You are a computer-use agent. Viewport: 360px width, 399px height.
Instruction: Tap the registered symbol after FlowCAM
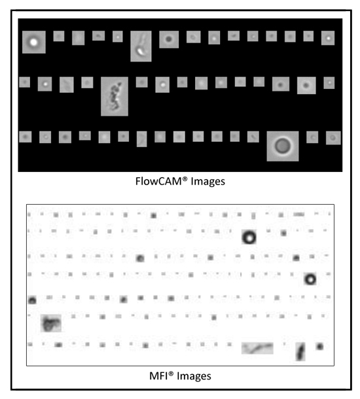[185, 179]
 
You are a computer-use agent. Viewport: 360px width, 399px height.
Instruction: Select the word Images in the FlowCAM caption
[207, 182]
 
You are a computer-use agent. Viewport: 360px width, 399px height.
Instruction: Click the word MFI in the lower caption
[158, 376]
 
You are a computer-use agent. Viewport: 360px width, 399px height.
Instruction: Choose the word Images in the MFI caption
[194, 376]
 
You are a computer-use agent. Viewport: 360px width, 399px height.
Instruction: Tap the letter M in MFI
[154, 376]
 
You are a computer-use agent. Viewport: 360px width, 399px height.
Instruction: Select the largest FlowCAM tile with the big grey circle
[283, 146]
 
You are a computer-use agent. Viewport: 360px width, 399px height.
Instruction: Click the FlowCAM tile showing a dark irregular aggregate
[115, 96]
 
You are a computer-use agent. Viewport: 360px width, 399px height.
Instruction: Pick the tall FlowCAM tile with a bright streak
[141, 46]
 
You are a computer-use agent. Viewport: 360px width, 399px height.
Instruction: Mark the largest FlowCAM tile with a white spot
[34, 42]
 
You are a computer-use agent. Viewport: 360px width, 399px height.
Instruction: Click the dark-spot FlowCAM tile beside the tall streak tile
[169, 39]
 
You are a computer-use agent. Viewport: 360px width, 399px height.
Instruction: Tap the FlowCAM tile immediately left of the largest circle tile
[253, 137]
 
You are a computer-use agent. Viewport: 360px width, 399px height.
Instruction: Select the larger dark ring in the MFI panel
[249, 237]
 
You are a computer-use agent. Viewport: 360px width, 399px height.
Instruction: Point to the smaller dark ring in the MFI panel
[310, 279]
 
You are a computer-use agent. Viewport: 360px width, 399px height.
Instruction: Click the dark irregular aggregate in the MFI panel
[51, 323]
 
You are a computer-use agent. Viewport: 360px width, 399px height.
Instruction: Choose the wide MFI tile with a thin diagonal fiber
[257, 348]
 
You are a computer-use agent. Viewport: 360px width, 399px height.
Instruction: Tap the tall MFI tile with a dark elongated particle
[300, 352]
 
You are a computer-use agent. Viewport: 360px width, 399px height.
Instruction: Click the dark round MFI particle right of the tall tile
[320, 346]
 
